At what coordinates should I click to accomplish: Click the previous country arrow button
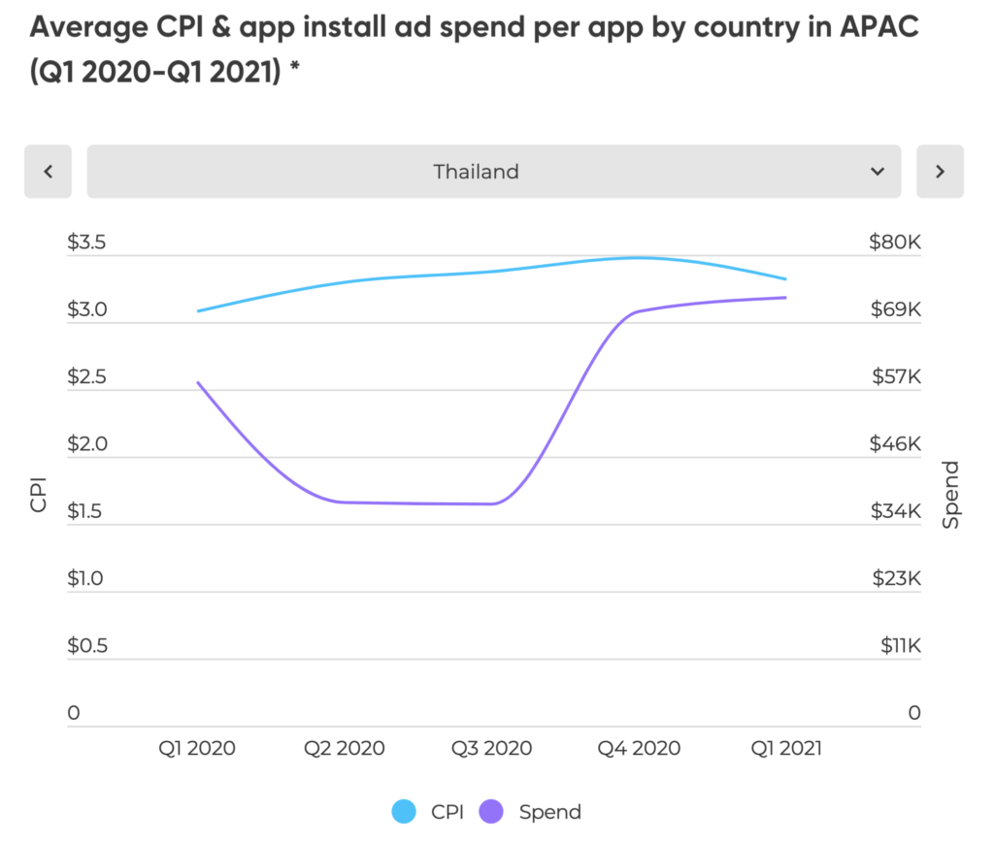pos(49,172)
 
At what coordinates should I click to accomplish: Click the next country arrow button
pos(940,172)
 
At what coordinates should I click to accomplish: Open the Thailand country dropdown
pos(494,172)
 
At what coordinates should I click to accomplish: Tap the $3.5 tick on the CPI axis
pos(87,243)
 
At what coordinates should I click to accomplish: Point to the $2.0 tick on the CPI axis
pos(87,444)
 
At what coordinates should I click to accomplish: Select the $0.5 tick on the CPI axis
pos(87,646)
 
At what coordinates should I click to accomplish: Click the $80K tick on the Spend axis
pos(894,243)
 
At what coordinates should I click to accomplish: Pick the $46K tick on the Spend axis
pos(894,444)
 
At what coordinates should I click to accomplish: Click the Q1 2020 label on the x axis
pos(198,748)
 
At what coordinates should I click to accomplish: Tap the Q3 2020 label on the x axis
pos(492,748)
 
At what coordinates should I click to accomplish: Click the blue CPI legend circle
pos(404,812)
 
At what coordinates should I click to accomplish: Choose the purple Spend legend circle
pos(494,812)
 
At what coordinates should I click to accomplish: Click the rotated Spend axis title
pos(950,495)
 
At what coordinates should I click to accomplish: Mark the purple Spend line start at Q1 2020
pos(198,382)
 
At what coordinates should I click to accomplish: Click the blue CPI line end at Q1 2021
pos(785,279)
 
